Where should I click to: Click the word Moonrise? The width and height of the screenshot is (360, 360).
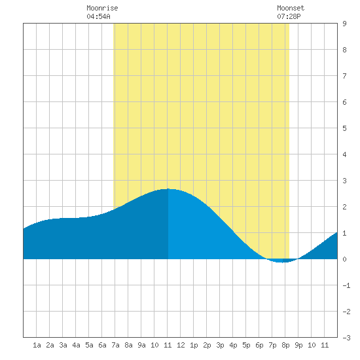[102, 8]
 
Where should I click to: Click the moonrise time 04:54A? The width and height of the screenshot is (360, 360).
[98, 16]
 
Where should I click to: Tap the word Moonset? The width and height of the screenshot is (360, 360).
[291, 8]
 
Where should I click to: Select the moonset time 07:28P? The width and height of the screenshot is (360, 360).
[289, 16]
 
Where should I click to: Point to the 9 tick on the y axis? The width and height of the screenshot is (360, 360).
[344, 24]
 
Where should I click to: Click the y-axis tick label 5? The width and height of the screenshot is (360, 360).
[344, 128]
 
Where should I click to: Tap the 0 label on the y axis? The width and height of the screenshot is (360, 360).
[344, 259]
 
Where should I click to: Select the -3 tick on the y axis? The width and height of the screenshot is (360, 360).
[346, 338]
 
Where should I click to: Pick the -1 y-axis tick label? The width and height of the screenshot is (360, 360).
[346, 285]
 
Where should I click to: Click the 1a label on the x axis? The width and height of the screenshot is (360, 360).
[37, 345]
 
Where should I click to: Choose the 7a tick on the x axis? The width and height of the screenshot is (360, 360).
[115, 345]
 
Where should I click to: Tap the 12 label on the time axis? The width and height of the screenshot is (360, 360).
[181, 345]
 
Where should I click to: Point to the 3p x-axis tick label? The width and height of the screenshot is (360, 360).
[220, 345]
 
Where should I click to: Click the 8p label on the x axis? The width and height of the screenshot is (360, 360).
[285, 345]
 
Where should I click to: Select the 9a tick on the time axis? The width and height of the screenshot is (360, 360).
[141, 345]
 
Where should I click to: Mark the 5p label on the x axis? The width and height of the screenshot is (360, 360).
[246, 345]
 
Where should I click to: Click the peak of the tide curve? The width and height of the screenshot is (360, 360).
[168, 189]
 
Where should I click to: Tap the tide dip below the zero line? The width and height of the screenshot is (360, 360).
[282, 262]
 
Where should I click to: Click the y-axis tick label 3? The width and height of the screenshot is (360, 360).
[344, 181]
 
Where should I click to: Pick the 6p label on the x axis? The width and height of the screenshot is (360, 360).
[259, 345]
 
